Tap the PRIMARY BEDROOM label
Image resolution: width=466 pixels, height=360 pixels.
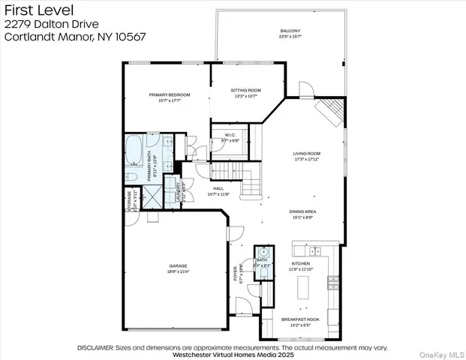pyautogui.click(x=169, y=94)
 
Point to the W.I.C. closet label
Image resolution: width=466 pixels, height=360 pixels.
pyautogui.click(x=230, y=135)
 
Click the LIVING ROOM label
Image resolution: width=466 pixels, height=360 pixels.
pyautogui.click(x=307, y=154)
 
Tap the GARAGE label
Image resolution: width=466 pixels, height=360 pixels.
pyautogui.click(x=178, y=265)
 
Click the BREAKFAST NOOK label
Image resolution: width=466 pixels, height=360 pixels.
pyautogui.click(x=300, y=319)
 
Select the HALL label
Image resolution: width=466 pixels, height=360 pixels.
pyautogui.click(x=218, y=189)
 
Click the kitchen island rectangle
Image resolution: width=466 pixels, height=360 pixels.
pyautogui.click(x=305, y=286)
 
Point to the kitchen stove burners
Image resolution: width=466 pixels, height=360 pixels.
pyautogui.click(x=331, y=283)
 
